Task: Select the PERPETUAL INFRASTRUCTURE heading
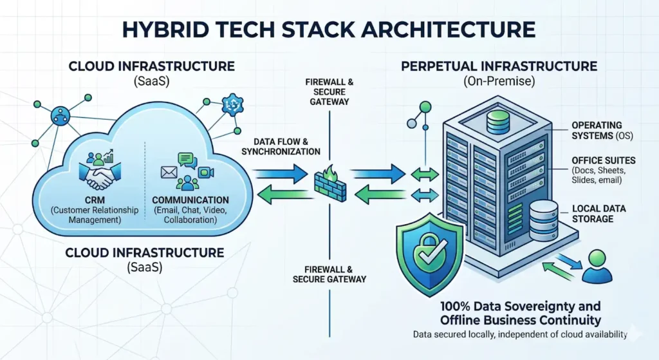click(499, 66)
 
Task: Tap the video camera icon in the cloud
click(205, 172)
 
